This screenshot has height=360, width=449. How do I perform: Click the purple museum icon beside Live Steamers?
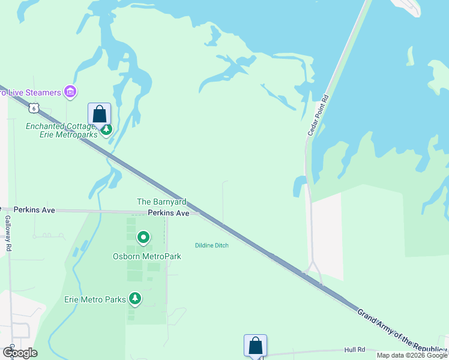pos(70,92)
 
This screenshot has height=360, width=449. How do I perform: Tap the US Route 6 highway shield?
pos(34,108)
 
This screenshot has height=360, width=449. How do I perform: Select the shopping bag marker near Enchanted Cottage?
pos(100,114)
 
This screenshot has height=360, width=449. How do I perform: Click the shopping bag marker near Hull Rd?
pos(255,346)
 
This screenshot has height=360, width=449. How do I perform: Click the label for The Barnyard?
pos(161,202)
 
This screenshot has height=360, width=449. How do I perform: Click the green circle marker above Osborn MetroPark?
pos(143,238)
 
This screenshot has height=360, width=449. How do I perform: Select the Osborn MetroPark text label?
pos(147,256)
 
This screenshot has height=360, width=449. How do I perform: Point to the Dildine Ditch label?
pos(212,245)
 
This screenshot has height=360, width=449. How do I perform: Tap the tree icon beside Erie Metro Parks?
pos(135,299)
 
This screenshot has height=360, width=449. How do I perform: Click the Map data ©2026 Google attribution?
pos(412,355)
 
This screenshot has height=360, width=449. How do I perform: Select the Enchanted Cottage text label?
pos(60,126)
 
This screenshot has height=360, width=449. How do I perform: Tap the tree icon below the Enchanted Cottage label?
pos(106,130)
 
